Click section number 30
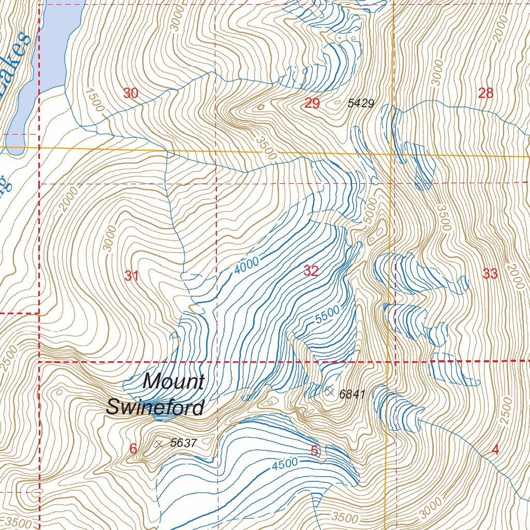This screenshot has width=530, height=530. point(131,93)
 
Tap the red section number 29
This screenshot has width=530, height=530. point(312,103)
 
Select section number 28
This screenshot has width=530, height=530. point(485,93)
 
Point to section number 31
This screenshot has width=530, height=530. point(131,276)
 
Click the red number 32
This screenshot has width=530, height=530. point(311,271)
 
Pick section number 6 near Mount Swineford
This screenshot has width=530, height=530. point(133,449)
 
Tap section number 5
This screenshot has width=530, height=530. point(314,451)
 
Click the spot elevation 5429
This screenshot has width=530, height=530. point(361,104)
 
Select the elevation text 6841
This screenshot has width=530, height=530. point(352,394)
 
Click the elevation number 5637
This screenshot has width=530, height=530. point(184,443)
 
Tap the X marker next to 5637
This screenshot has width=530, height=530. point(159,444)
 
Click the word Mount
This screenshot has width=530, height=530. point(173,382)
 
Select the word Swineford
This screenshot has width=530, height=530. point(155,407)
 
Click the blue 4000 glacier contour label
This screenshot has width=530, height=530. point(246,266)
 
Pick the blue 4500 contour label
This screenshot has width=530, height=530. point(285,464)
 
